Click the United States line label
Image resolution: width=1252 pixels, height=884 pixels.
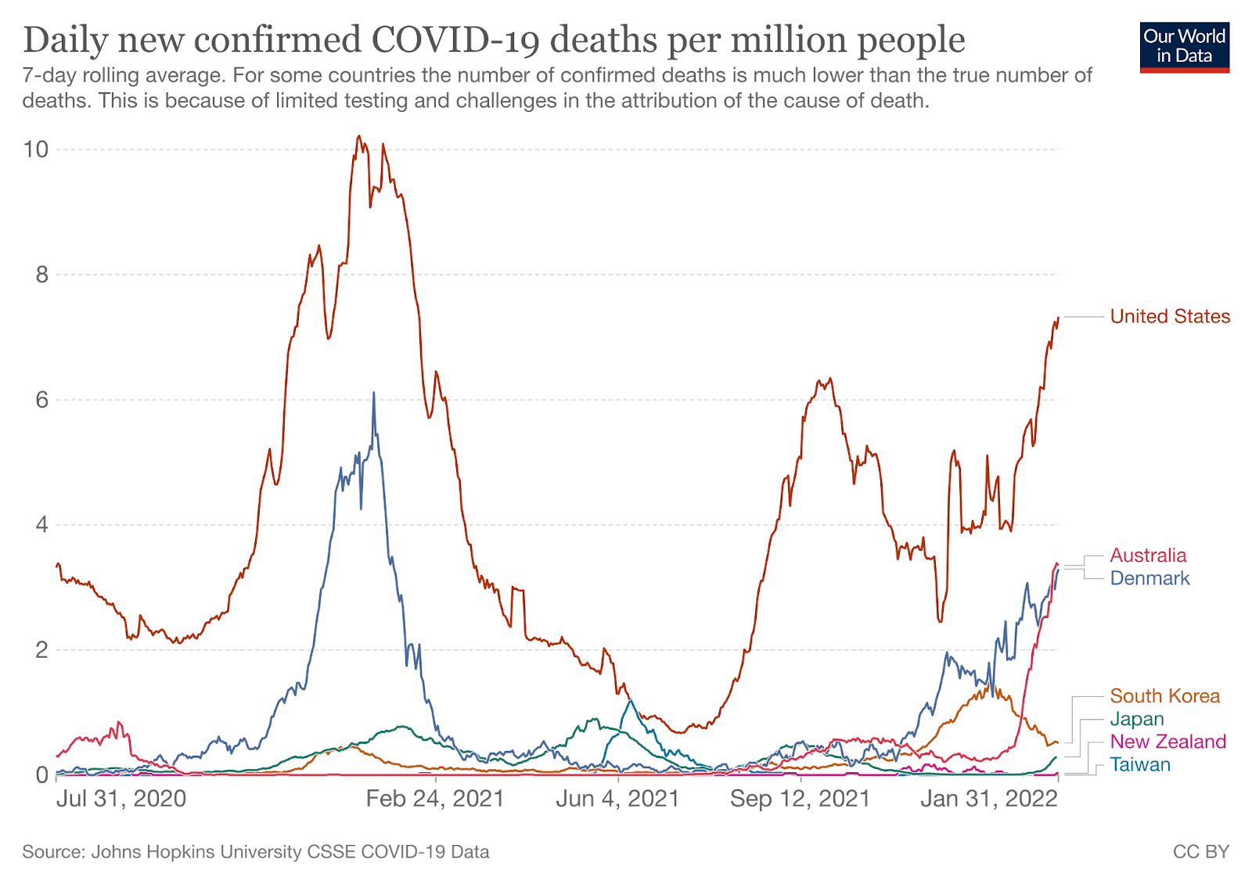(x=1170, y=317)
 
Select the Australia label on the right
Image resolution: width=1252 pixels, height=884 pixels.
(x=1148, y=555)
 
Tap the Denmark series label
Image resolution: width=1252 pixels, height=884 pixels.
(x=1149, y=578)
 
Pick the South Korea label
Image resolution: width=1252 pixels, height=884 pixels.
(x=1164, y=696)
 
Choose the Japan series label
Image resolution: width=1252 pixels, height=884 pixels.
(x=1136, y=719)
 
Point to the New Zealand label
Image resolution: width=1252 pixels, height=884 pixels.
(x=1167, y=742)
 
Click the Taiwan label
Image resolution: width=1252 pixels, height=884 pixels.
(x=1140, y=764)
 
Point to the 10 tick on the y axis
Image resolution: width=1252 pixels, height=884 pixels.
(x=36, y=149)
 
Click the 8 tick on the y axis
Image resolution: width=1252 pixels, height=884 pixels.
(x=41, y=275)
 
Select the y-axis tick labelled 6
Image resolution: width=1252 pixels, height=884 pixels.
(x=41, y=400)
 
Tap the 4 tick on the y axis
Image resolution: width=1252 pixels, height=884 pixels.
(x=41, y=525)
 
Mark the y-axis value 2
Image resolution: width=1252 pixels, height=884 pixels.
(x=41, y=650)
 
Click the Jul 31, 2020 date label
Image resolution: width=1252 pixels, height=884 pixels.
(x=121, y=799)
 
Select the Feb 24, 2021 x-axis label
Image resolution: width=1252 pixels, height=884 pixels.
(x=435, y=799)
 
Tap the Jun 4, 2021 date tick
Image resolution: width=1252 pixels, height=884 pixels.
(x=618, y=799)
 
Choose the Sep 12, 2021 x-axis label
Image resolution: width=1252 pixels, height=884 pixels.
(x=800, y=799)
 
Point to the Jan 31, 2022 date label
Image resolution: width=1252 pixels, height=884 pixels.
(x=989, y=799)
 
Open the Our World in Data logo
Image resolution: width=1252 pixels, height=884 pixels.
(x=1184, y=47)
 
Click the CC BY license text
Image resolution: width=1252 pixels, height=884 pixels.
(x=1200, y=852)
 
